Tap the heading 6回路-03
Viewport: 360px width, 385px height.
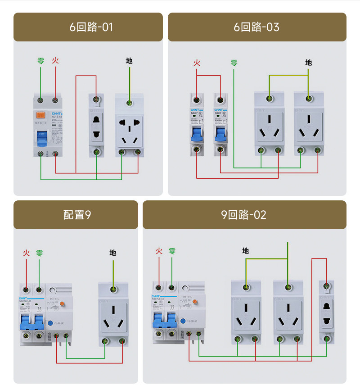256,27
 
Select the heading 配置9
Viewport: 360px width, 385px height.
77,215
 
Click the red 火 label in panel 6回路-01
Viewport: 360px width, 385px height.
55,60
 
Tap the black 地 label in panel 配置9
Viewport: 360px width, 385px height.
113,253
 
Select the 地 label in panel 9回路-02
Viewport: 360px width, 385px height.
245,251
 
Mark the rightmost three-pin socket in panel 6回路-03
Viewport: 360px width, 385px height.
309,127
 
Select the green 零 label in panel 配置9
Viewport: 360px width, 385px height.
40,253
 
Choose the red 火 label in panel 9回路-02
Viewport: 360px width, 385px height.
159,251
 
